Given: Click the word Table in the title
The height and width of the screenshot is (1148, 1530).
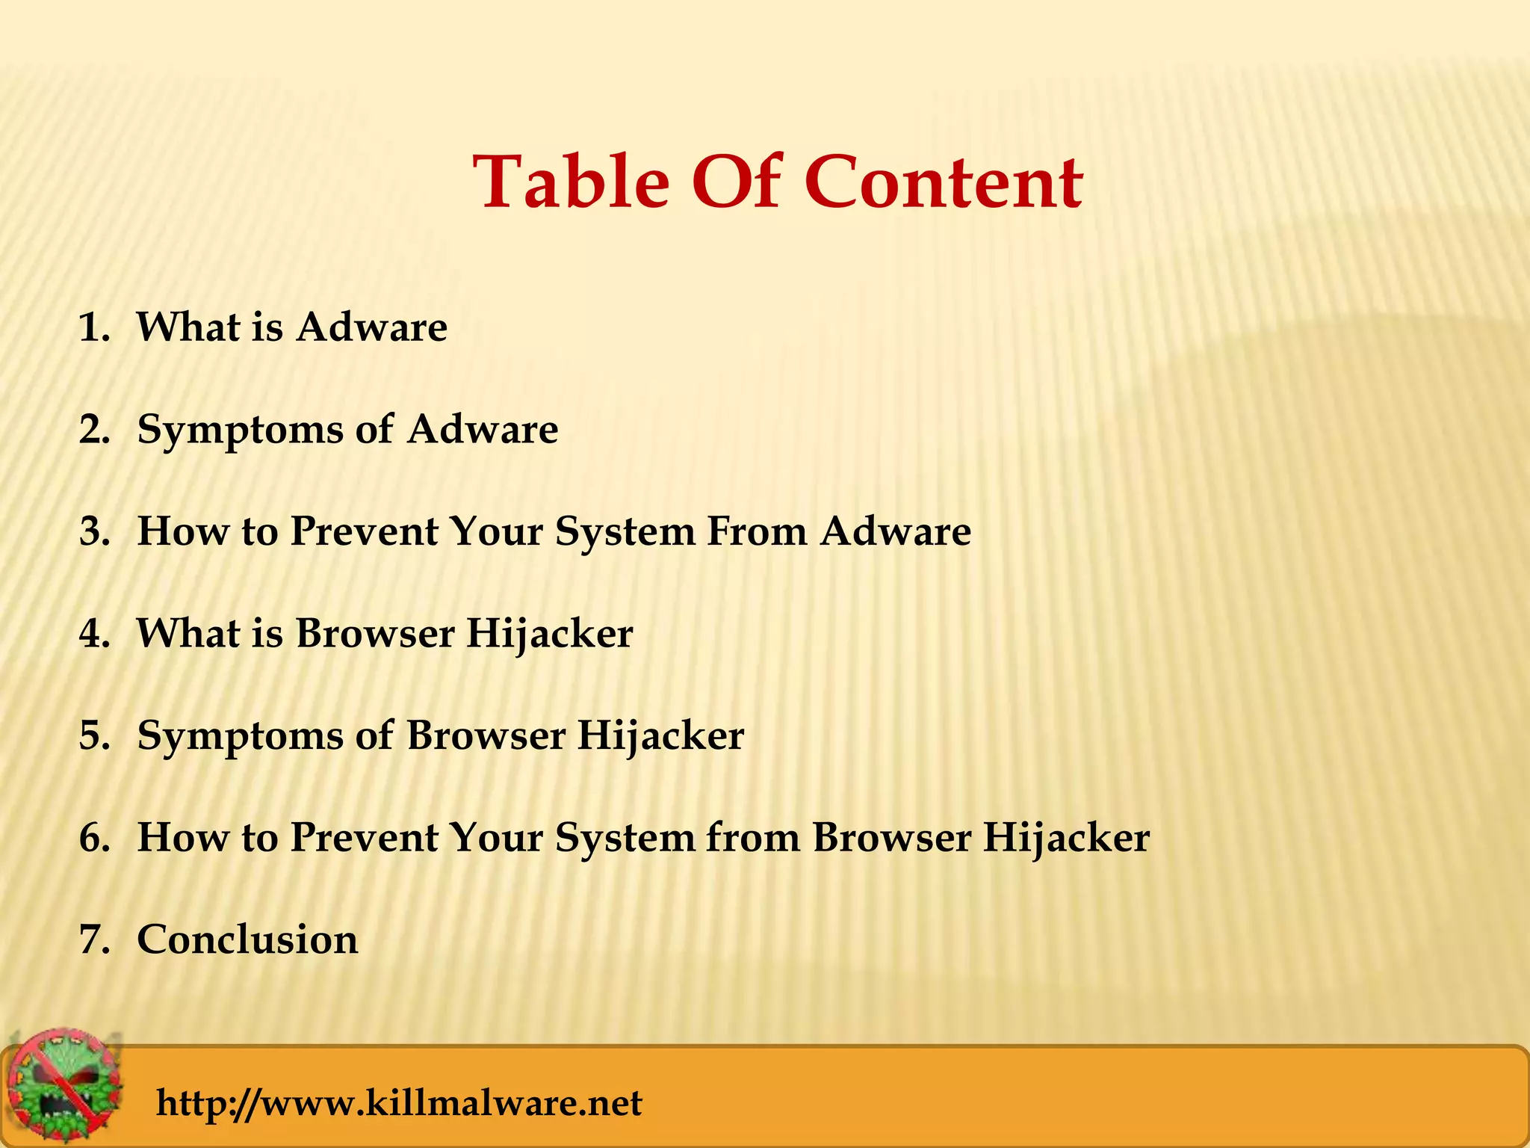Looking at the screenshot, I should pyautogui.click(x=571, y=183).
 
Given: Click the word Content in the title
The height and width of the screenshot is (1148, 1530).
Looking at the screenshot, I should pyautogui.click(x=943, y=183).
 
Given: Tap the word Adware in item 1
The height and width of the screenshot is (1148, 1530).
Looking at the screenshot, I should pyautogui.click(x=371, y=328).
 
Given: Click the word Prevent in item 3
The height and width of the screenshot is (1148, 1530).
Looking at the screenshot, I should pyautogui.click(x=364, y=532).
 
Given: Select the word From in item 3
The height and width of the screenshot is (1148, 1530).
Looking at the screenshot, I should pyautogui.click(x=756, y=532).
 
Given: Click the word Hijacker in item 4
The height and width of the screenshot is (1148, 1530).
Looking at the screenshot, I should pyautogui.click(x=550, y=634).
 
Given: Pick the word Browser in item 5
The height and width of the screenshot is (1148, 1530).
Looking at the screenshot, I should pyautogui.click(x=486, y=736).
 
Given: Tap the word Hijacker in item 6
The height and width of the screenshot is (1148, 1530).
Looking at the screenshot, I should pyautogui.click(x=1066, y=838).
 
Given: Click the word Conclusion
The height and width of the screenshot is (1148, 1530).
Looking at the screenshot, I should pyautogui.click(x=247, y=939).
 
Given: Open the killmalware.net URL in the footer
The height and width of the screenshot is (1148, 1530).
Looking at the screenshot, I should pyautogui.click(x=399, y=1103).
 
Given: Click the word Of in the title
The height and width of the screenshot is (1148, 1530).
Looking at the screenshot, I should pyautogui.click(x=736, y=183).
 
